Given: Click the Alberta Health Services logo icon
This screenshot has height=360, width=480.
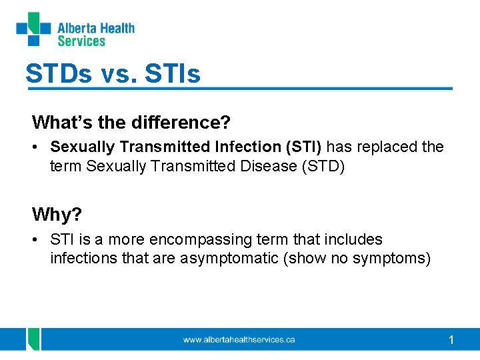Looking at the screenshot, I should pos(33,29).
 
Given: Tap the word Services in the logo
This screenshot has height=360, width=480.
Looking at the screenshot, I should pos(81,41).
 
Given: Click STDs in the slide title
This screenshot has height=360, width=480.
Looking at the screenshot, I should pos(59,73).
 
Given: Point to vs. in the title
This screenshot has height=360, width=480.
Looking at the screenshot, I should pos(118,74).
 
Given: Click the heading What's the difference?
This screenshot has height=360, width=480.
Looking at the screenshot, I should pos(131,123).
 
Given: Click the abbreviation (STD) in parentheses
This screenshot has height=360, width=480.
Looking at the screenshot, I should pos(323,166).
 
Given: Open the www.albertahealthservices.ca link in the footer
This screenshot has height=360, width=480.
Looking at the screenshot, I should pos(239,340).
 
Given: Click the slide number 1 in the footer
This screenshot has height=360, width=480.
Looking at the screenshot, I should pos(451,341).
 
